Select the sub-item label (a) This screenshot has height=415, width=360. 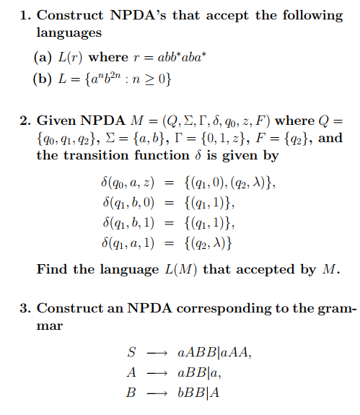(x=44, y=56)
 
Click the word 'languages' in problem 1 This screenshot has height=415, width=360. (x=69, y=33)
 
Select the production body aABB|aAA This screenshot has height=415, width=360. (x=214, y=354)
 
